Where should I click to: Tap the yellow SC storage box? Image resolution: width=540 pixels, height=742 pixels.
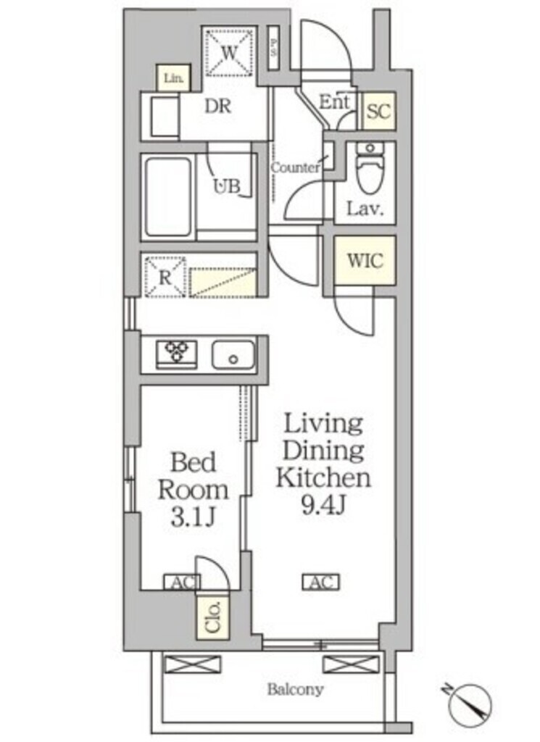[378, 112]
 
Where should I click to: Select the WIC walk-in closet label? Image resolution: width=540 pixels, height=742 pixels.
[365, 260]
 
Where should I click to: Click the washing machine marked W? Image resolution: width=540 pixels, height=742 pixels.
[229, 52]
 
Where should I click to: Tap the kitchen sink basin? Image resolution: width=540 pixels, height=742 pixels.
[233, 355]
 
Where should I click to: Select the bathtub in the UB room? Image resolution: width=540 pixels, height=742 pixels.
[168, 198]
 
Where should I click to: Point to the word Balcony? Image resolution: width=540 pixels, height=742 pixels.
[295, 689]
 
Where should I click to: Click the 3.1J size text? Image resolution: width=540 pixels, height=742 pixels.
[193, 517]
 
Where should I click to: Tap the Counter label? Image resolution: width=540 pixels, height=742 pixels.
[295, 167]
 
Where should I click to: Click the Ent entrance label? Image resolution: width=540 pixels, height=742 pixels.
[335, 102]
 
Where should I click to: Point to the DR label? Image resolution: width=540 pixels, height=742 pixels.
[217, 106]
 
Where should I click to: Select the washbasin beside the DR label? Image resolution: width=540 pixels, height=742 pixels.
[165, 115]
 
